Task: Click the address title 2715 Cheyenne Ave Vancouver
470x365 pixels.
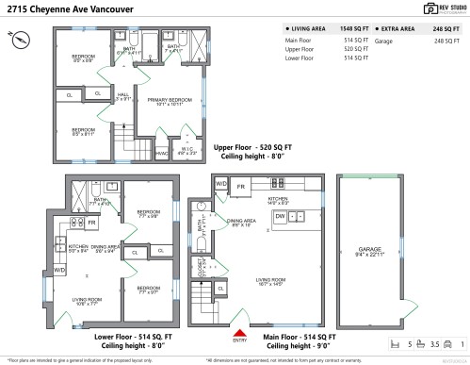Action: coord(69,9)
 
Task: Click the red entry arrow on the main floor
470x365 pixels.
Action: coord(239,334)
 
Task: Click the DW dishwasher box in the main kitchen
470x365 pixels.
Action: coord(281,216)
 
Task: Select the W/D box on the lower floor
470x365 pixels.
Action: coord(59,270)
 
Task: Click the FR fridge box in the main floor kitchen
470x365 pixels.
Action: coord(242,187)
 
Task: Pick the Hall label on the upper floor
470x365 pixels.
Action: coord(123,96)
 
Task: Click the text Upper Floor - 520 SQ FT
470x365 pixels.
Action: coord(252,148)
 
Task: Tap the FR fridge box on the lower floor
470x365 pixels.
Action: coord(91,223)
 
